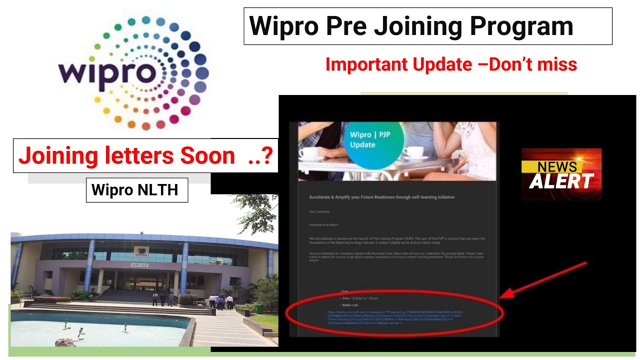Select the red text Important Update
(x=398, y=64)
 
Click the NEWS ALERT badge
(x=561, y=174)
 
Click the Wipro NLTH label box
(x=136, y=190)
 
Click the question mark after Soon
(x=267, y=156)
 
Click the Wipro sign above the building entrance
(x=141, y=251)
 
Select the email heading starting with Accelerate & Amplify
(x=382, y=197)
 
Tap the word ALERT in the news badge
(x=561, y=181)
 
